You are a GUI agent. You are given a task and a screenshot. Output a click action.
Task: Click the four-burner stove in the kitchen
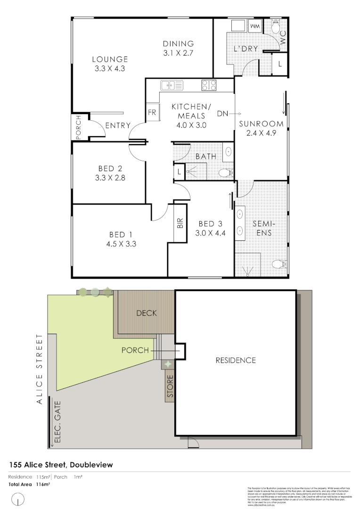(209, 85)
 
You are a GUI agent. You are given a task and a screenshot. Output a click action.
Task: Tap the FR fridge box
(152, 113)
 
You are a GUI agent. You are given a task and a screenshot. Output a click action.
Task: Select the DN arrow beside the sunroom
(229, 114)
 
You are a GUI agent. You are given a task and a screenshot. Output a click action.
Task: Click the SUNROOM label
(261, 124)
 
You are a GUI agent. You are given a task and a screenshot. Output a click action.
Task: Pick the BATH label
(206, 156)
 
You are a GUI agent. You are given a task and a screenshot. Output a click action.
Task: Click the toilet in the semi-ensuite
(280, 264)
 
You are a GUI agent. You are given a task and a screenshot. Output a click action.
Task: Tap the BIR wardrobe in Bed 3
(180, 223)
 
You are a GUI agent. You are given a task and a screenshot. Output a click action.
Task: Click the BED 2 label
(111, 169)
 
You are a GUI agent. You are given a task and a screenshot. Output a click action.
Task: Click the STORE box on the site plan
(170, 386)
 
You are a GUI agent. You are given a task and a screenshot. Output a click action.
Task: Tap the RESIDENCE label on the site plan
(236, 360)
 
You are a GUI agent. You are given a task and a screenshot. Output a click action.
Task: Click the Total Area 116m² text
(30, 484)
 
